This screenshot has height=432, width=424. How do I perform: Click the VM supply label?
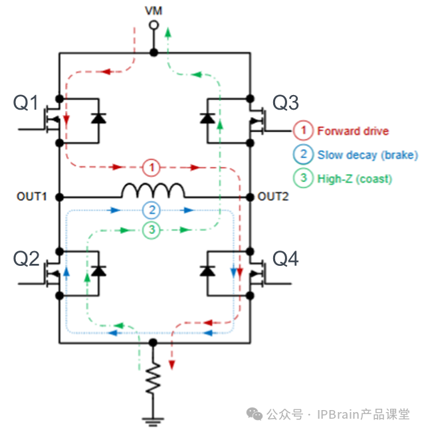click(x=153, y=11)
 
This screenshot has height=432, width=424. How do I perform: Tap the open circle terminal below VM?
click(x=153, y=25)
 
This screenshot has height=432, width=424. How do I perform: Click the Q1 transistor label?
click(x=27, y=103)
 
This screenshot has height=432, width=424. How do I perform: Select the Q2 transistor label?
click(x=27, y=259)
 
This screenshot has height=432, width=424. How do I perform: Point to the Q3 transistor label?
click(x=286, y=103)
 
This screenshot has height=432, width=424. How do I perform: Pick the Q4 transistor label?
click(x=286, y=259)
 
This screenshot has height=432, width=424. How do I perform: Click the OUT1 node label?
click(x=31, y=197)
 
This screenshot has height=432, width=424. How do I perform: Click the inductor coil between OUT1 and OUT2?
click(x=153, y=191)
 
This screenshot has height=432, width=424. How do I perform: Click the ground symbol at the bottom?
click(x=153, y=419)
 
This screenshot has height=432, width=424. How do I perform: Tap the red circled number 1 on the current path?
click(x=152, y=167)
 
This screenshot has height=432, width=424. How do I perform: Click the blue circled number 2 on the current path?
click(x=152, y=211)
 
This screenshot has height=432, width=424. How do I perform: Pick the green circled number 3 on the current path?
click(x=152, y=231)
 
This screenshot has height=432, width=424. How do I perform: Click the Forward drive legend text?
click(x=353, y=131)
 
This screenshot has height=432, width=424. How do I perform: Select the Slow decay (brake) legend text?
click(x=368, y=155)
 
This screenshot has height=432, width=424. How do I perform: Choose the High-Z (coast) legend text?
click(x=354, y=179)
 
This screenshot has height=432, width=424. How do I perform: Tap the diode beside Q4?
click(x=207, y=271)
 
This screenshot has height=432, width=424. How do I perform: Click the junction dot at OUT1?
click(x=59, y=197)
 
